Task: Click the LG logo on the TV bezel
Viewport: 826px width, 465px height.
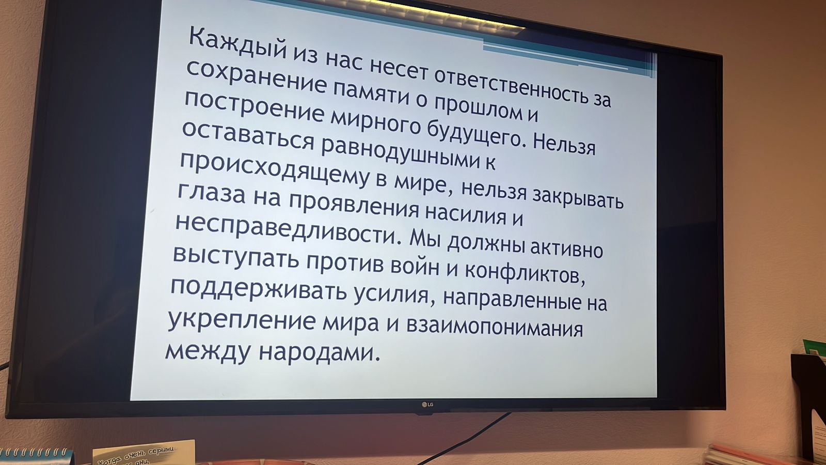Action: coord(427,405)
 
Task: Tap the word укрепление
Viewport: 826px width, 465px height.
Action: coord(242,320)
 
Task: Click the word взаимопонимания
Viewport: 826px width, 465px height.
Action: coord(494,326)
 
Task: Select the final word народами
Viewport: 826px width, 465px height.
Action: coord(319,352)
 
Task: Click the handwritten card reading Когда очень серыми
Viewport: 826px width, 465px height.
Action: coord(144,453)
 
